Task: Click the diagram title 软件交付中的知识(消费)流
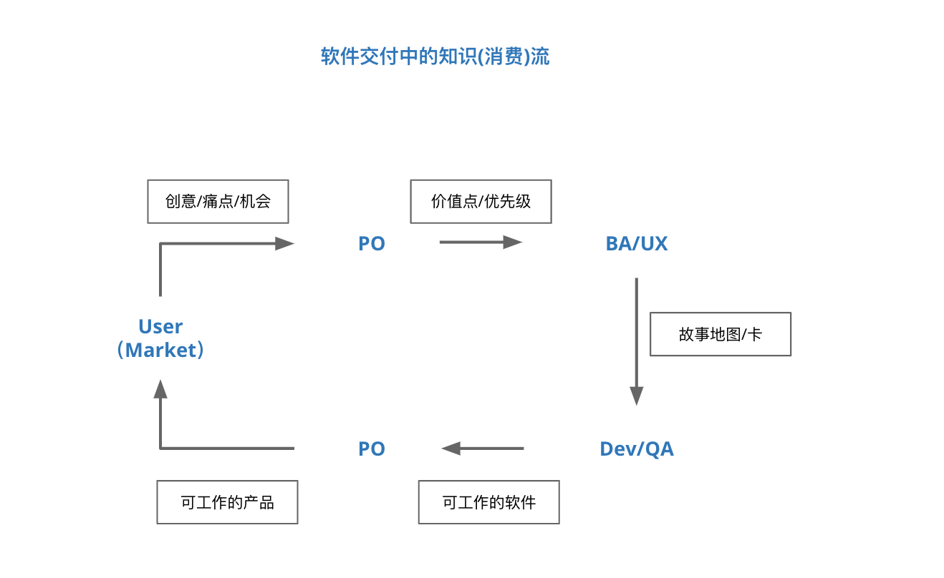point(435,57)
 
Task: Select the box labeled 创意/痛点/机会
point(218,202)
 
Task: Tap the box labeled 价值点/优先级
point(481,202)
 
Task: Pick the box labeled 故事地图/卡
point(720,334)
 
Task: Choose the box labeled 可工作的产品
point(227,502)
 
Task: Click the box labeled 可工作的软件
point(488,502)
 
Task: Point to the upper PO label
point(372,244)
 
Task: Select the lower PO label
point(372,449)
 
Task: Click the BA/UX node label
point(636,244)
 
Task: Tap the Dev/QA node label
point(636,449)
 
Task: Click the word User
point(160,327)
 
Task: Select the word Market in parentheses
point(160,351)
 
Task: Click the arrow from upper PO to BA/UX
point(473,243)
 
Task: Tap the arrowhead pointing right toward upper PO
point(285,243)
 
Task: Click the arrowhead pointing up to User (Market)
point(160,389)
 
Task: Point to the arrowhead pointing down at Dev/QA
point(636,396)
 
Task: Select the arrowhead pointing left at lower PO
point(451,449)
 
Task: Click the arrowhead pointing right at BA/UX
point(512,243)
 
